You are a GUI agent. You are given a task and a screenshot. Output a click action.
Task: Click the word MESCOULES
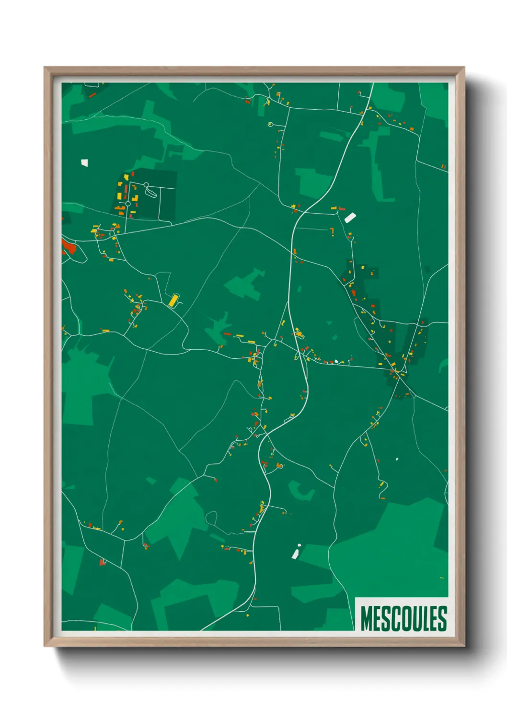[403, 618]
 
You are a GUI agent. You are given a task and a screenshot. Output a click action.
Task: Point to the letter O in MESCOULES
[404, 618]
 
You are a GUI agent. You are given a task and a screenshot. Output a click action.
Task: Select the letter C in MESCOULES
[394, 618]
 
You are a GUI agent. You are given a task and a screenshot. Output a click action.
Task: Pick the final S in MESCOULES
[442, 618]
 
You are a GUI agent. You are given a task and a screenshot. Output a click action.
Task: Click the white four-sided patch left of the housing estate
[85, 163]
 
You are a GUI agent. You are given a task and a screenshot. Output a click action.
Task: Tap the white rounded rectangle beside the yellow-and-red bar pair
[350, 218]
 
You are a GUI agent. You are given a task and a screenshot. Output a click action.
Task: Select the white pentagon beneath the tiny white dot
[295, 554]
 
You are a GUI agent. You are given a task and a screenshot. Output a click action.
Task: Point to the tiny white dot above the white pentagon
[300, 545]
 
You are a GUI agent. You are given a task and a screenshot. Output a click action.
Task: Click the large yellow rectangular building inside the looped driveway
[173, 300]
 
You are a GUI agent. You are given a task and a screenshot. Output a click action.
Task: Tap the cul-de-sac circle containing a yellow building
[270, 124]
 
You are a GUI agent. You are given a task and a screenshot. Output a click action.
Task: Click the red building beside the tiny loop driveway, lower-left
[101, 562]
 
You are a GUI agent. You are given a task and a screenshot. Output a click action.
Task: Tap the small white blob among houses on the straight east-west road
[336, 361]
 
